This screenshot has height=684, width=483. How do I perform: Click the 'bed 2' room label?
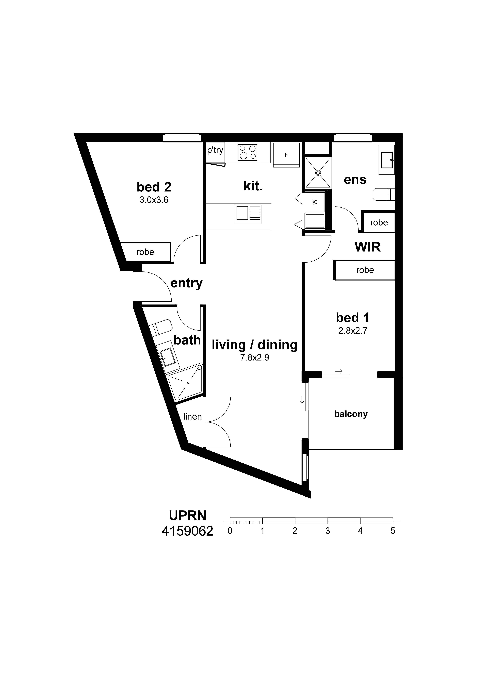point(154,187)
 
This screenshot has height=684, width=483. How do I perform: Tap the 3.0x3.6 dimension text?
point(154,200)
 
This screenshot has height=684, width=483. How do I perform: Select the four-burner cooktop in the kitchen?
point(248,152)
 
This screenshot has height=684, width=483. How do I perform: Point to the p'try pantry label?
point(215,150)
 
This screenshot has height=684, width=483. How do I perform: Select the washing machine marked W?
point(315,202)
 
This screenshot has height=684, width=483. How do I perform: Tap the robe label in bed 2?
point(145,252)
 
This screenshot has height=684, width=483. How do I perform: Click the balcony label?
point(351,414)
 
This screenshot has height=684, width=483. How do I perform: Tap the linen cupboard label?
point(193,416)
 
